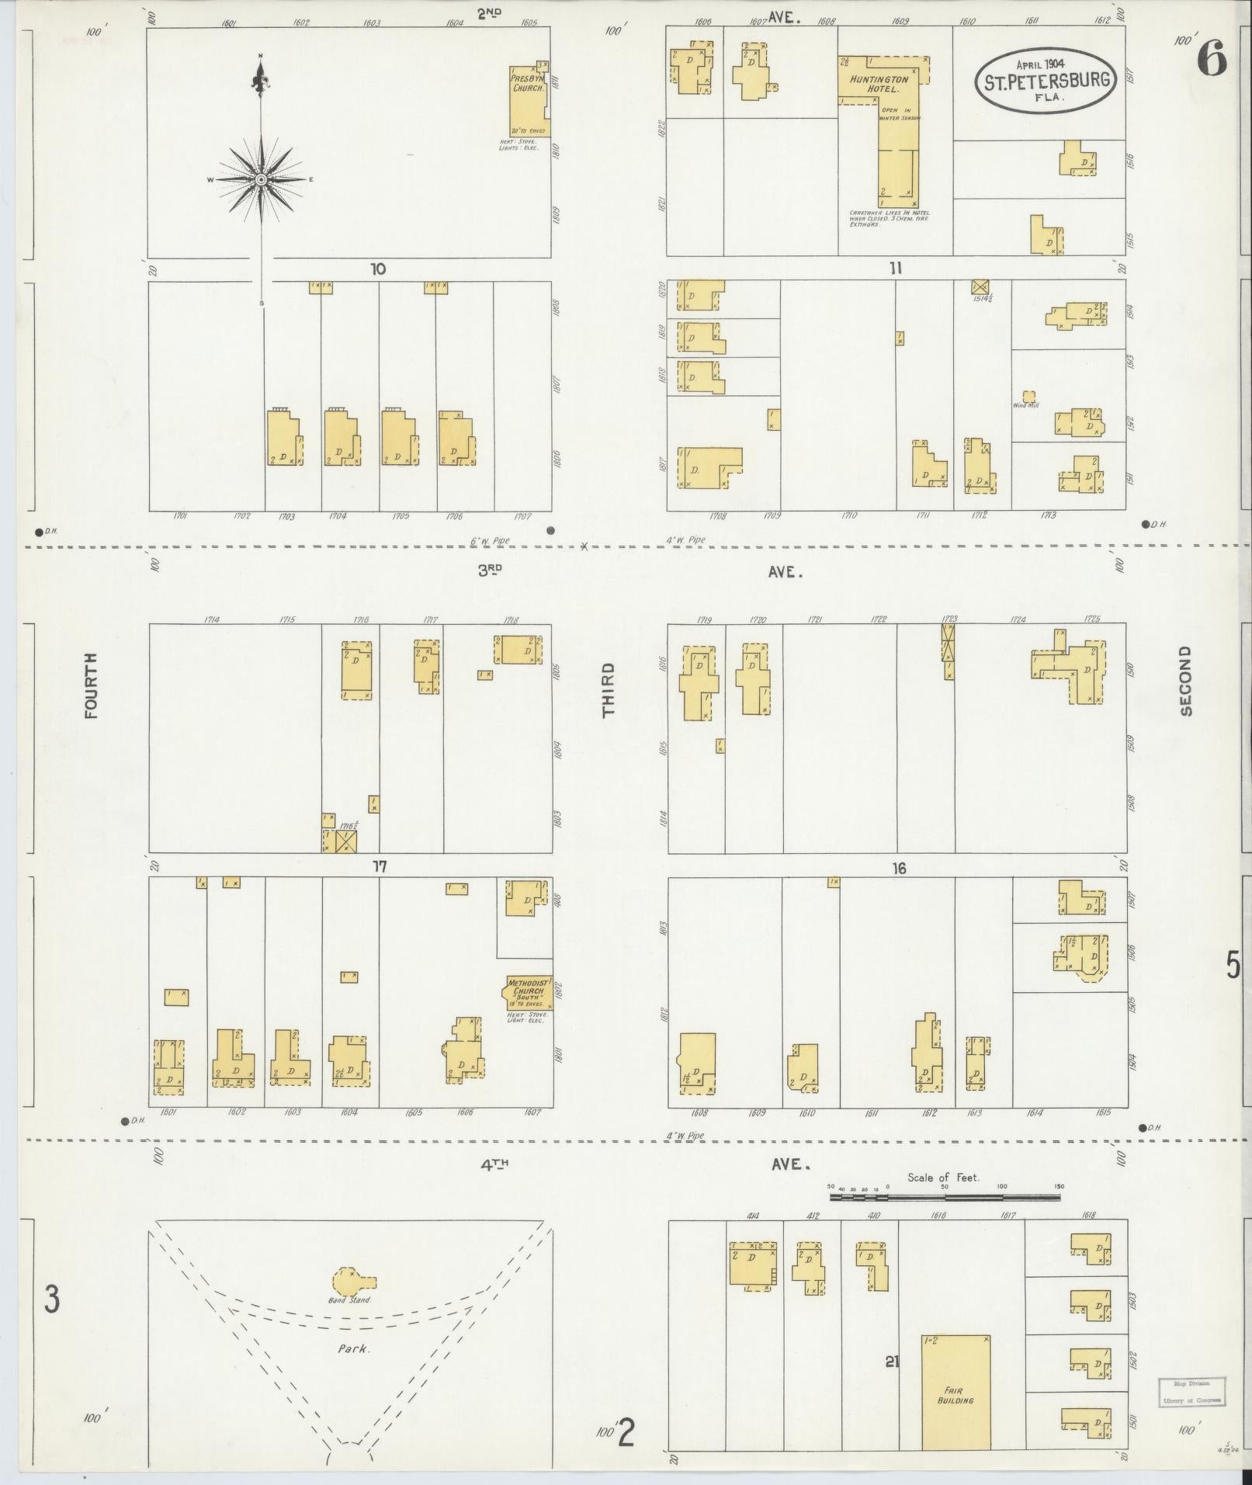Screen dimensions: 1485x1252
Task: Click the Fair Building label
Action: pos(955,1395)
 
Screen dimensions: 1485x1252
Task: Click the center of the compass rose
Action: pos(262,179)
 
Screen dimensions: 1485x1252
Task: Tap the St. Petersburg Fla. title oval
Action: pos(1046,81)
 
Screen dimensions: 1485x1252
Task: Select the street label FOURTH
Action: pos(92,685)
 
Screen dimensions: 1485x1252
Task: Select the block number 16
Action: pos(899,869)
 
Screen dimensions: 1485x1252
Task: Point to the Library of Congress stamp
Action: pos(1191,1393)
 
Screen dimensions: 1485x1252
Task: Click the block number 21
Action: pos(891,1361)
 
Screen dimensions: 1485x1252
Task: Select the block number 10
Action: pos(378,269)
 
